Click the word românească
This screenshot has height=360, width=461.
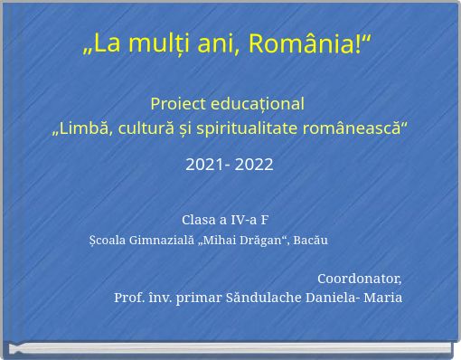point(360,129)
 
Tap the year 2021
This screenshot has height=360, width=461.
point(203,166)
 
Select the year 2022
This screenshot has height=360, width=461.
point(254,166)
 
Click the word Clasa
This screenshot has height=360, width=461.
point(199,220)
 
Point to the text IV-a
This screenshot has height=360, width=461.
point(239,220)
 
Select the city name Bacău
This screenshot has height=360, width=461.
point(310,241)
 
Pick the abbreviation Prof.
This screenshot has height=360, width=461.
point(128,298)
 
